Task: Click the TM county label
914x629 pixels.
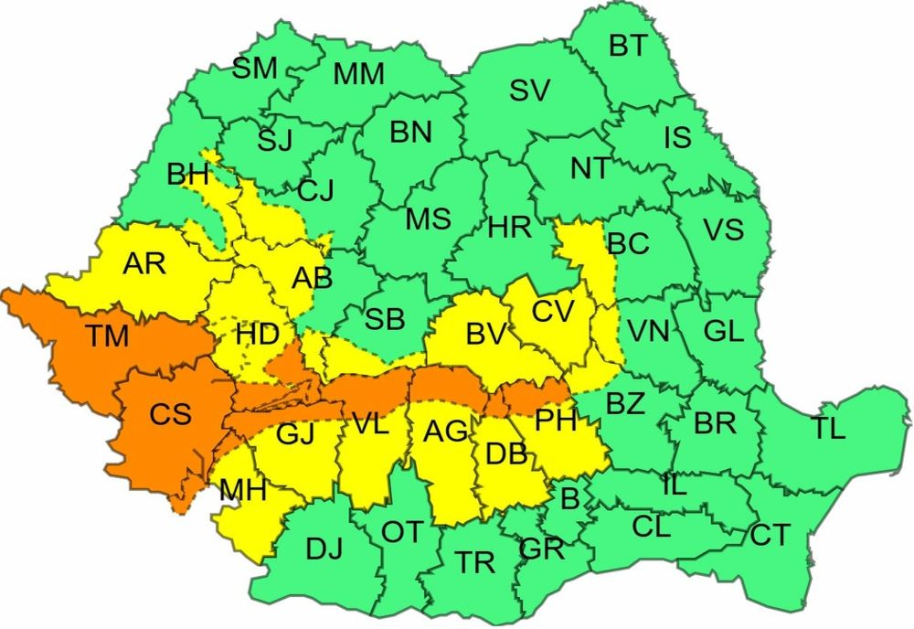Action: [x=108, y=337]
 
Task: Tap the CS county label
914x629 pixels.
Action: [x=171, y=414]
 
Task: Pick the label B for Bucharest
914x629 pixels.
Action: [x=569, y=498]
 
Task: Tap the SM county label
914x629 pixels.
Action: [x=254, y=68]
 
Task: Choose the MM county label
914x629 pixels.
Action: [x=358, y=75]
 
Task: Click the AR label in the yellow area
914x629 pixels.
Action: [x=144, y=264]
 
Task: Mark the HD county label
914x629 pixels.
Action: [x=257, y=334]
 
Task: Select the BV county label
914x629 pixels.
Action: [x=485, y=335]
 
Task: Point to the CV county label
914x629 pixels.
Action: [x=553, y=311]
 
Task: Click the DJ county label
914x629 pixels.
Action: [x=324, y=549]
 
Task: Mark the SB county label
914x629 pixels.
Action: [x=384, y=319]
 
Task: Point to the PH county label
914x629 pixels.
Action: [x=556, y=421]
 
